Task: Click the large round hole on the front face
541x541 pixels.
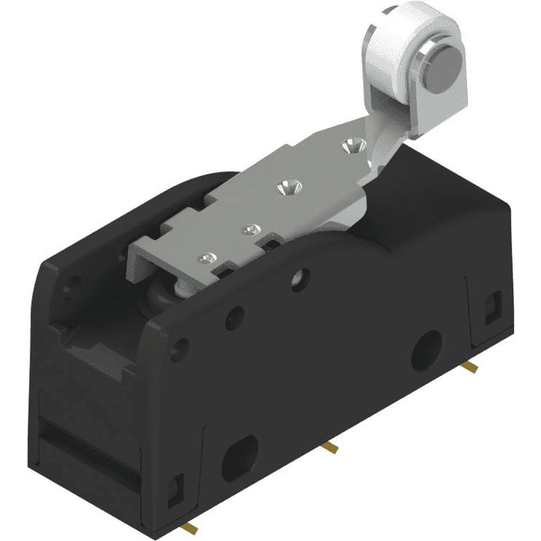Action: pos(426,349)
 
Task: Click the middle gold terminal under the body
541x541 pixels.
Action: pos(331,447)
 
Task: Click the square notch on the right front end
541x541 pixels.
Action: pos(492,307)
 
